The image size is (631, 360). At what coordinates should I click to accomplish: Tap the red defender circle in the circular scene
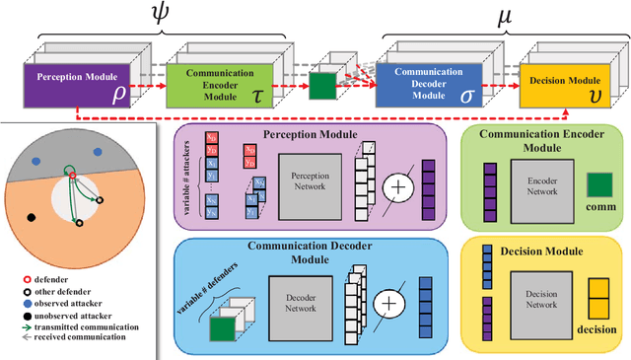click(71, 177)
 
